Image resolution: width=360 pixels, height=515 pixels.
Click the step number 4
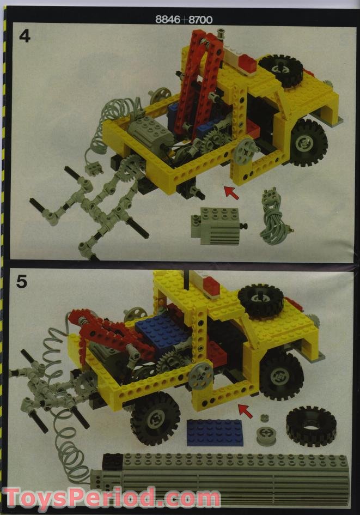tap(25, 37)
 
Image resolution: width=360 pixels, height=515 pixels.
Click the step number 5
tap(22, 282)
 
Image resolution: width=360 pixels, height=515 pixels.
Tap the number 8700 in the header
tap(200, 20)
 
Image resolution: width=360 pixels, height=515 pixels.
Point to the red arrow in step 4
tap(231, 192)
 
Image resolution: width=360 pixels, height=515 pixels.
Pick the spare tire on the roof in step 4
tap(280, 69)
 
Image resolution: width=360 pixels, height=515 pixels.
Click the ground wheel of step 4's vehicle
tap(309, 143)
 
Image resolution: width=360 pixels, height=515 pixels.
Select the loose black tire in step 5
tap(310, 426)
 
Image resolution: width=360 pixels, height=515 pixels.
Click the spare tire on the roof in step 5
tap(260, 300)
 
